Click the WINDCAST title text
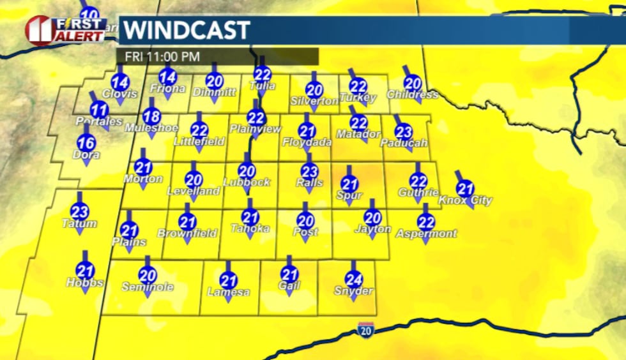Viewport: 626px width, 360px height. click(186, 30)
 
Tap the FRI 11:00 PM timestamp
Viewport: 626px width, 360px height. click(162, 56)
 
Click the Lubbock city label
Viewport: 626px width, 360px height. click(247, 183)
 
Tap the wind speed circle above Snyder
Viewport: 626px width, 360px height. click(353, 279)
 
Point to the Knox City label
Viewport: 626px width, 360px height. click(465, 200)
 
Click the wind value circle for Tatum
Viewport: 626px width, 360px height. click(79, 211)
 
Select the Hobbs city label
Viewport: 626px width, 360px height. click(84, 283)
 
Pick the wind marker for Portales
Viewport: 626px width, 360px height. click(98, 109)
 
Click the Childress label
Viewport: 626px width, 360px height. click(413, 95)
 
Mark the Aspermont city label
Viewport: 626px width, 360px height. click(426, 234)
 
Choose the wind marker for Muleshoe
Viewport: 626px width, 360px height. click(151, 117)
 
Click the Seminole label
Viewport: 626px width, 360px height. click(148, 287)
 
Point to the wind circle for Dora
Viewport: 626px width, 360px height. click(86, 143)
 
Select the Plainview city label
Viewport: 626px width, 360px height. click(255, 129)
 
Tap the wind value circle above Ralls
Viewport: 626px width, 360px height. click(309, 171)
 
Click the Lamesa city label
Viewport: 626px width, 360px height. click(228, 292)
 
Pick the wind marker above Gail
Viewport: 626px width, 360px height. click(289, 275)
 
